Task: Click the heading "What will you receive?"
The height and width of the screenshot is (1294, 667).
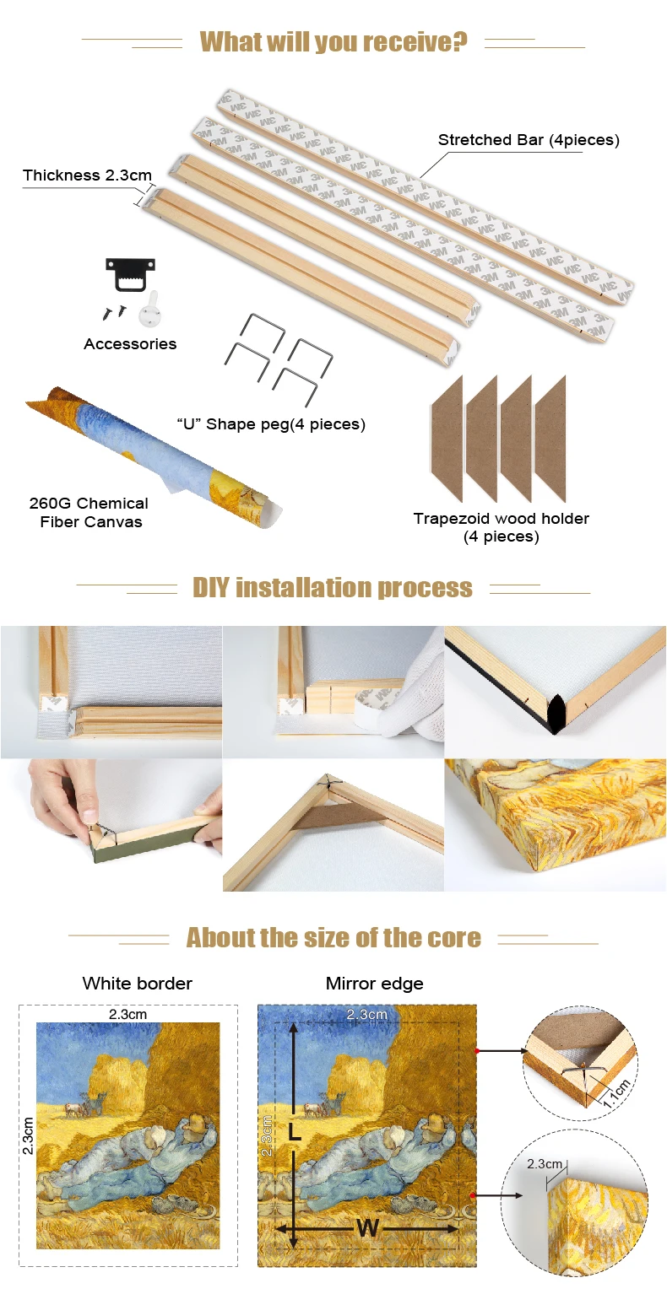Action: [x=333, y=41]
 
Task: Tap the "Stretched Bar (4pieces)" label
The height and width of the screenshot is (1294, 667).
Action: [x=529, y=140]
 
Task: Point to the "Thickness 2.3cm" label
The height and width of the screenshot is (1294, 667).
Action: [x=87, y=175]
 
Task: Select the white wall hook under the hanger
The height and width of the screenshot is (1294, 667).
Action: [x=150, y=310]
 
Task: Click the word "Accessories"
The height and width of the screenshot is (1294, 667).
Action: [x=130, y=343]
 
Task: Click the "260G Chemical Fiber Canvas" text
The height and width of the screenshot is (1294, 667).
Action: [x=89, y=512]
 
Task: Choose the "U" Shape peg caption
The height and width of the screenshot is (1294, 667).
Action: [x=271, y=424]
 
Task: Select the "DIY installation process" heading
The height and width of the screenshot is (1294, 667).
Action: [x=333, y=587]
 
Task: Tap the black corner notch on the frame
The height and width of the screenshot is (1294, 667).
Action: [x=555, y=714]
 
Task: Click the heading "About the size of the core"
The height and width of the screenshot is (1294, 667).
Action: [x=333, y=937]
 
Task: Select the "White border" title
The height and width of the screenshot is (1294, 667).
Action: [x=137, y=984]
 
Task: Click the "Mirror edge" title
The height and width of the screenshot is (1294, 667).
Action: [x=375, y=984]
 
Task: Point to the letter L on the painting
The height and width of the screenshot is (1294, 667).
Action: [x=294, y=1131]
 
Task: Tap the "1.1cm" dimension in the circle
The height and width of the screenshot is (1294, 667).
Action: [x=616, y=1093]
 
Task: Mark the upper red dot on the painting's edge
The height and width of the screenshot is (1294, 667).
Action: [x=477, y=1051]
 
